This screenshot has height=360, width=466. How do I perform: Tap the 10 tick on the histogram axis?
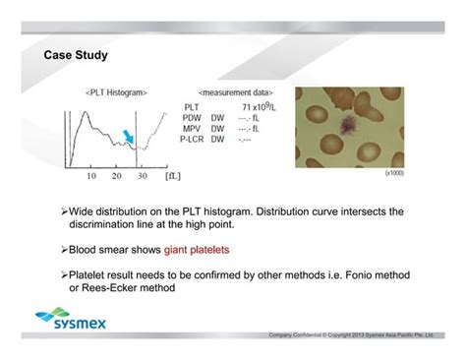click(x=90, y=176)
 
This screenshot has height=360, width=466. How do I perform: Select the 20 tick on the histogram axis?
click(x=117, y=176)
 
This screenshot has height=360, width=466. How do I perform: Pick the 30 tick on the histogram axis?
click(x=143, y=176)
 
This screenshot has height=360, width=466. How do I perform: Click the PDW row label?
click(x=193, y=117)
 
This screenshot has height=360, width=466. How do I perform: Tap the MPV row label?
click(x=193, y=128)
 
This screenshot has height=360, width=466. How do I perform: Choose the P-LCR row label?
click(x=196, y=139)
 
